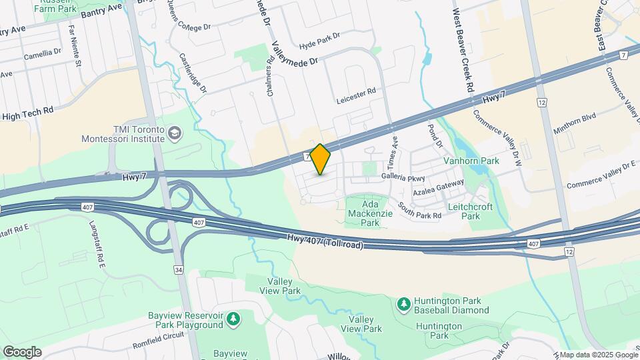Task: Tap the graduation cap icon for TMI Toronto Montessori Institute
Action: [175, 133]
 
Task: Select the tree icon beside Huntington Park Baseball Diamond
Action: [403, 305]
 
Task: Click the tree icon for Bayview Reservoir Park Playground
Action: [233, 319]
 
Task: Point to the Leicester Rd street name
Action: [357, 91]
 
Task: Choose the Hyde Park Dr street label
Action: [320, 40]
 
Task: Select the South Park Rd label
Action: [420, 211]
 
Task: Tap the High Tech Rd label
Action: [27, 115]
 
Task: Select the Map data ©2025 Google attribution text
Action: [598, 355]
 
